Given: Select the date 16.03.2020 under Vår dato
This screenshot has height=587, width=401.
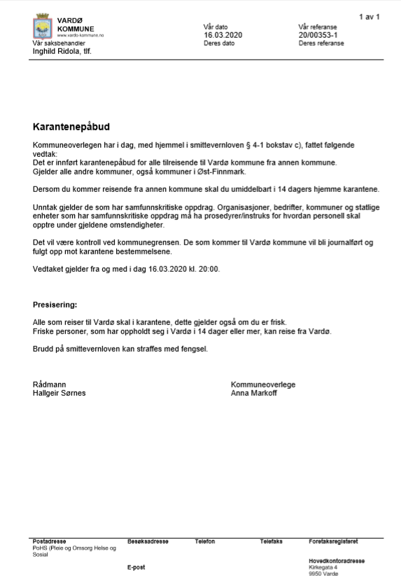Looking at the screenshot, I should (222, 34).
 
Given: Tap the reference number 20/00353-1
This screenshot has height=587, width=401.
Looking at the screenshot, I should (318, 34).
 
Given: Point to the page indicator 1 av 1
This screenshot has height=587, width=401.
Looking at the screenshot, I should (370, 15).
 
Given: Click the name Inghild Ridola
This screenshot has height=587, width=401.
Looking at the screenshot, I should (52, 51).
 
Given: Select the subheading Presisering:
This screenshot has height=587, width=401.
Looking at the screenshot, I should (55, 305).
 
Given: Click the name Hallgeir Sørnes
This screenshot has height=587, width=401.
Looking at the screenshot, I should (59, 393).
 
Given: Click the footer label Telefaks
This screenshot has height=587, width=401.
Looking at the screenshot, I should (271, 541).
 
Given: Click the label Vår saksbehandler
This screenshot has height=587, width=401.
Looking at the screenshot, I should (55, 43).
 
